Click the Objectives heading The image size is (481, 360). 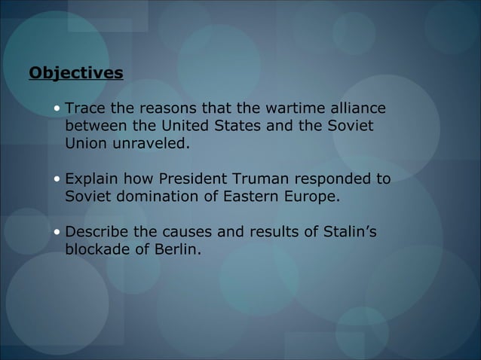[75, 73]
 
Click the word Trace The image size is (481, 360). [85, 108]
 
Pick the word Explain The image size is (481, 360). [92, 179]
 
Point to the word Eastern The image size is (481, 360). [249, 197]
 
